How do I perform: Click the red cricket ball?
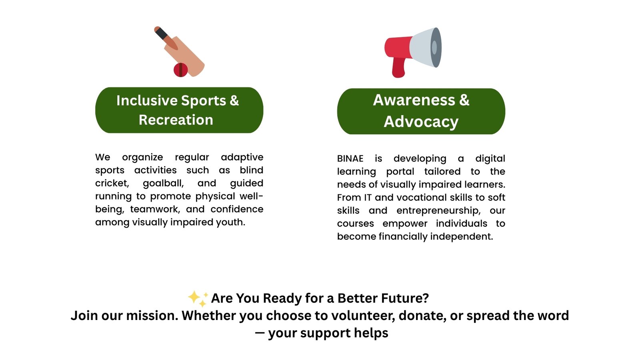click(180, 70)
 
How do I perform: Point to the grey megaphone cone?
click(426, 48)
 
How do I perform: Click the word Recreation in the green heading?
click(176, 120)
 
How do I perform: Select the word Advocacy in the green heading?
click(421, 122)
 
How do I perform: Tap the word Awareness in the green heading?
click(414, 100)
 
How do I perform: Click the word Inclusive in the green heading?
click(147, 100)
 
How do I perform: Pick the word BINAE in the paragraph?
click(350, 158)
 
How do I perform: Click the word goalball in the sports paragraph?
click(163, 184)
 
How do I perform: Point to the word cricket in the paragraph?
click(112, 184)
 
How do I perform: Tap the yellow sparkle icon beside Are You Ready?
click(198, 298)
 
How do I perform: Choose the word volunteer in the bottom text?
click(363, 316)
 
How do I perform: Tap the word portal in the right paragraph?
click(400, 172)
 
